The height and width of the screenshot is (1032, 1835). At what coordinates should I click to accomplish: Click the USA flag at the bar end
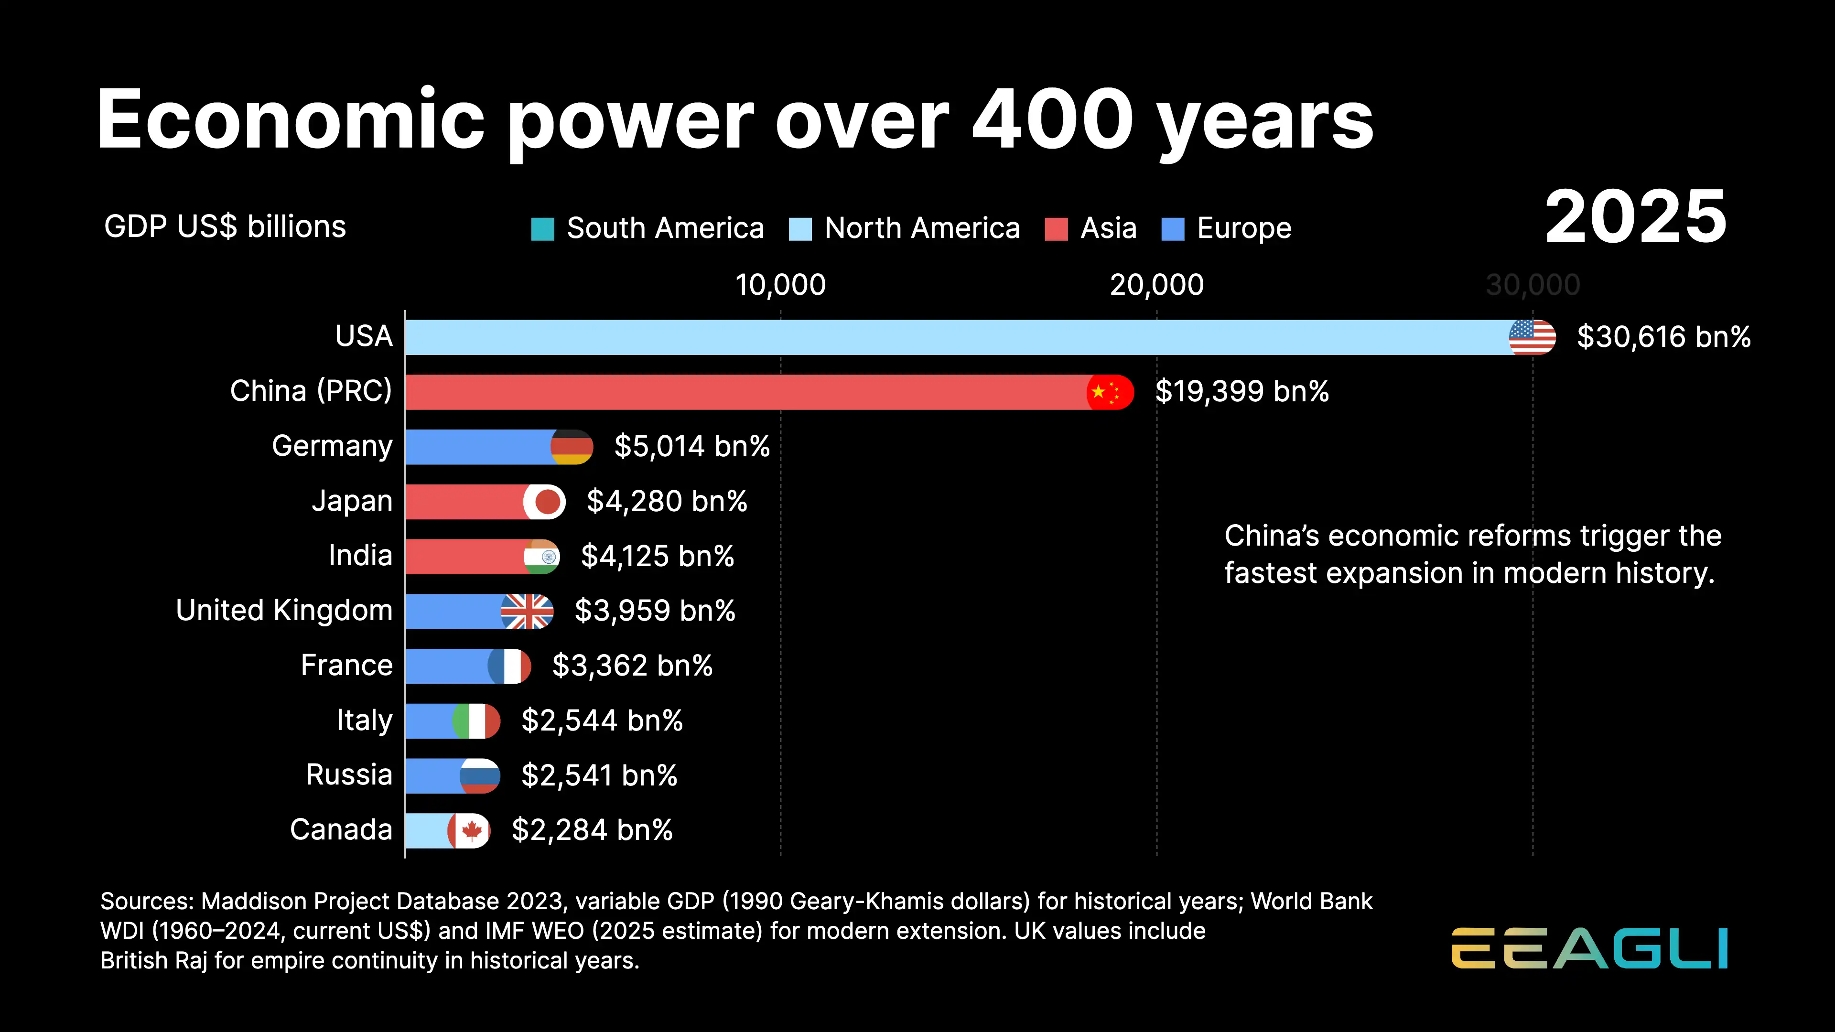(1532, 337)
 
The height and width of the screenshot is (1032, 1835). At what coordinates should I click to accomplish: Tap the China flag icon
(1110, 392)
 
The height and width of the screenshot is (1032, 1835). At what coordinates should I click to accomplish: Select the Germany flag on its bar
(572, 447)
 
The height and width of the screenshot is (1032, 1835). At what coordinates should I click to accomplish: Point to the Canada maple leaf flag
(469, 830)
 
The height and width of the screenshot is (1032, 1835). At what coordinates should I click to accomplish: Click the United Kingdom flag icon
(527, 611)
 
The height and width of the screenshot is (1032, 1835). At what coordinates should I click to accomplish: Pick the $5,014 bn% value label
(691, 447)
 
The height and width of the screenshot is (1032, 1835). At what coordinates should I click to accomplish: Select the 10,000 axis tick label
(780, 285)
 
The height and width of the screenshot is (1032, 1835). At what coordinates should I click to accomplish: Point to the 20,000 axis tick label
(1156, 285)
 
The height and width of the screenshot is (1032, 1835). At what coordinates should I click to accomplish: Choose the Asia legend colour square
(1056, 229)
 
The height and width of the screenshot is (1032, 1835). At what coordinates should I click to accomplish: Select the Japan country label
(352, 501)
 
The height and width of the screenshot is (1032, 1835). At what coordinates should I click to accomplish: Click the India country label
(360, 556)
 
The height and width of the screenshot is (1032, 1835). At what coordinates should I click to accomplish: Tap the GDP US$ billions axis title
(225, 226)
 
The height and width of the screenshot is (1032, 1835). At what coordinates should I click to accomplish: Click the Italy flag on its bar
(476, 721)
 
